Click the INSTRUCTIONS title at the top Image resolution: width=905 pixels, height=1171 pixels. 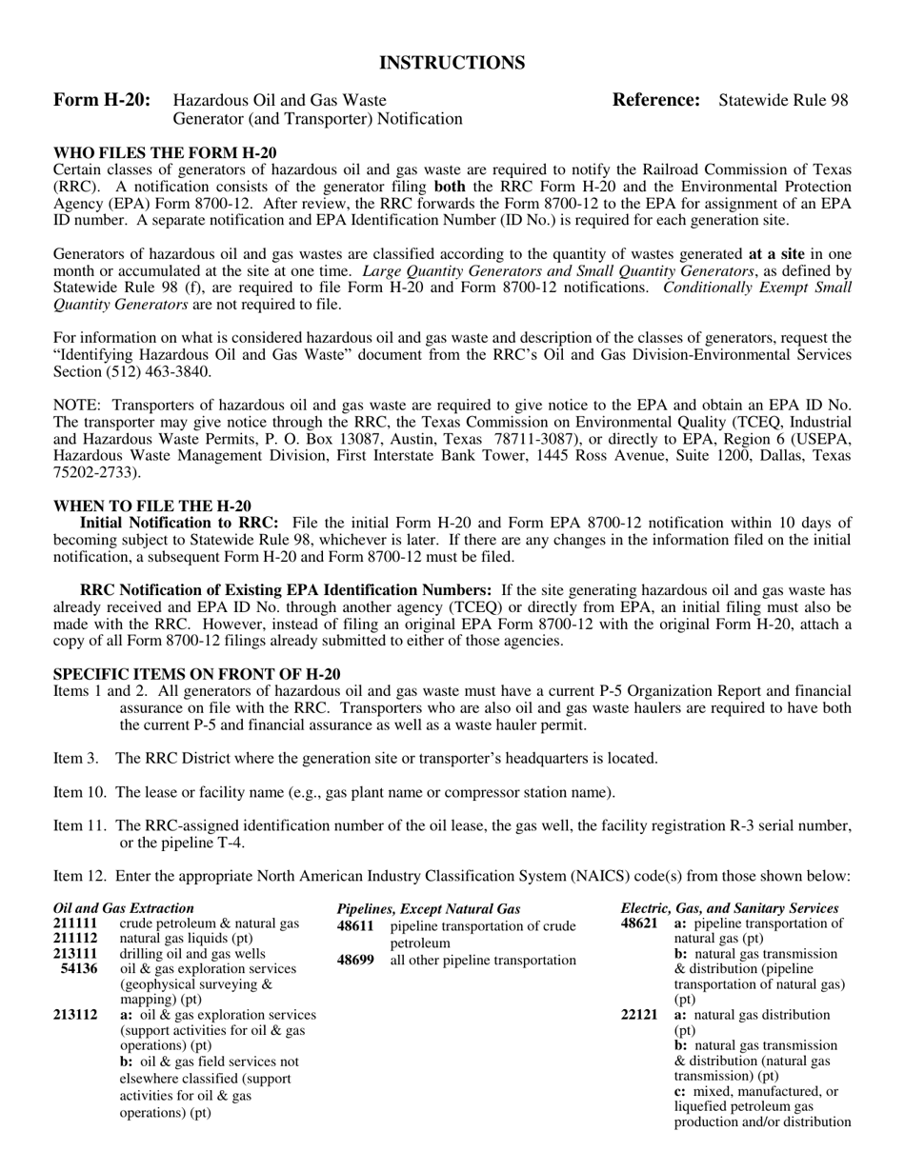coord(452,63)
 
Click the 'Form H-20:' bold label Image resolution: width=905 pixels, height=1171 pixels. coord(102,100)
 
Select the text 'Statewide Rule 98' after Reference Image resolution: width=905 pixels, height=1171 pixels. coord(783,100)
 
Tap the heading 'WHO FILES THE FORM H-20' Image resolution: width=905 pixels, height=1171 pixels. coord(165,152)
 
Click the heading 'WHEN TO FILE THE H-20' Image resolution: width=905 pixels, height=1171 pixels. coord(152,506)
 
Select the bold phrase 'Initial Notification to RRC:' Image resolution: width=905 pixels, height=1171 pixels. coord(179,523)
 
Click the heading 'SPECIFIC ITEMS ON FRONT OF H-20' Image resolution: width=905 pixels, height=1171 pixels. coord(196,674)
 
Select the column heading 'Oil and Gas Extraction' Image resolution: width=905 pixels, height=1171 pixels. coord(124,908)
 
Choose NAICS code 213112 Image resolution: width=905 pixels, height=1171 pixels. coord(75,1015)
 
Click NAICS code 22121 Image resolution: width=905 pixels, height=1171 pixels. coord(639,1015)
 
